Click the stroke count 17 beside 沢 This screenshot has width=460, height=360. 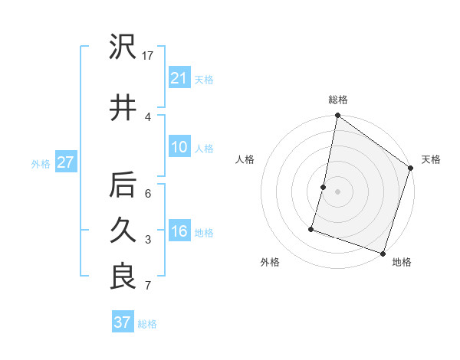click(148, 56)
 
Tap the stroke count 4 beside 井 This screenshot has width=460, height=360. click(147, 116)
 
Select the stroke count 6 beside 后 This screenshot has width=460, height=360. click(148, 194)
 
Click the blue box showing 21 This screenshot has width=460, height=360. click(179, 77)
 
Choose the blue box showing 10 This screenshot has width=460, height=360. click(179, 147)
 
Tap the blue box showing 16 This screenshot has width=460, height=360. click(179, 231)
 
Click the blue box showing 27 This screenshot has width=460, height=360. click(65, 162)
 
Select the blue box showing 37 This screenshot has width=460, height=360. click(122, 322)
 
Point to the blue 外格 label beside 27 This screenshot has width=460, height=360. click(41, 163)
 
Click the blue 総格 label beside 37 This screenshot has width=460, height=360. click(147, 324)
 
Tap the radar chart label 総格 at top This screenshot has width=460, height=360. click(338, 100)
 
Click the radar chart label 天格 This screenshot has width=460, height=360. click(431, 159)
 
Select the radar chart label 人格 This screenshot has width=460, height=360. click(245, 159)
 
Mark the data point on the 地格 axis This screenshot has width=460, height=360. click(383, 253)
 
